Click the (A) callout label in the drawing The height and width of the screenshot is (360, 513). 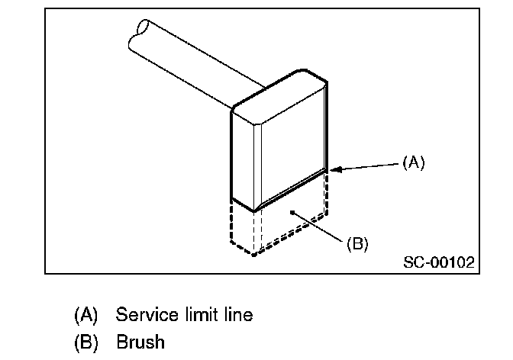(413, 162)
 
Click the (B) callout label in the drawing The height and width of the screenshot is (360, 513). (357, 244)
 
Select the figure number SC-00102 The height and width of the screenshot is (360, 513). (438, 263)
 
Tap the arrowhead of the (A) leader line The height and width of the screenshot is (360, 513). (332, 171)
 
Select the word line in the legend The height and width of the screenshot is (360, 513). (236, 313)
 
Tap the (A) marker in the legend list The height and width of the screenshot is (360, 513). (86, 313)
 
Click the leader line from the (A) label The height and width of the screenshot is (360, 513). (366, 166)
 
